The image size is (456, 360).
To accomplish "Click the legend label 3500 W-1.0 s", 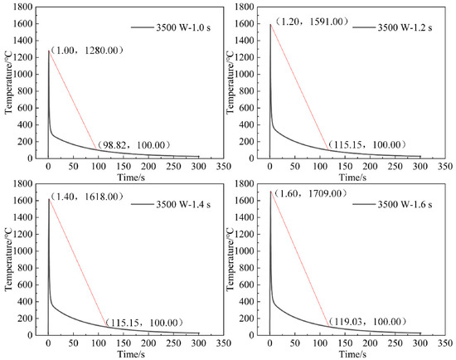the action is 183,27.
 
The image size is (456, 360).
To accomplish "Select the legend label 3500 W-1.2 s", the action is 405,27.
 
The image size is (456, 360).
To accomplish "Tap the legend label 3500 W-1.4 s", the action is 183,204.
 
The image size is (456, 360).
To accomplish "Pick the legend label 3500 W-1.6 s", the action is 405,204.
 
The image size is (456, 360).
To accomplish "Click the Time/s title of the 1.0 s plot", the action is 131,177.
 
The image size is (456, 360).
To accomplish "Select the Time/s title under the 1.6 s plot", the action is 352,354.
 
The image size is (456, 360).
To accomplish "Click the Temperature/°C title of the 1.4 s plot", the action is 8,259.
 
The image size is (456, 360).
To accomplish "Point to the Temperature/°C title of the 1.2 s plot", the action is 230,82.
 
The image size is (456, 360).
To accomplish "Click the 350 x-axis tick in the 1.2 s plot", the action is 445,167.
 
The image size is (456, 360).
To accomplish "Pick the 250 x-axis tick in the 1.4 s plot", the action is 173,343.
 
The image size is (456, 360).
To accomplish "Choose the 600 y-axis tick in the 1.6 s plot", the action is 248,285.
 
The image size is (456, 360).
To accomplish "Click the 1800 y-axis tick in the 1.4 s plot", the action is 22,184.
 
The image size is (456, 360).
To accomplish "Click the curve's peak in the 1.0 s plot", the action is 49,51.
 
